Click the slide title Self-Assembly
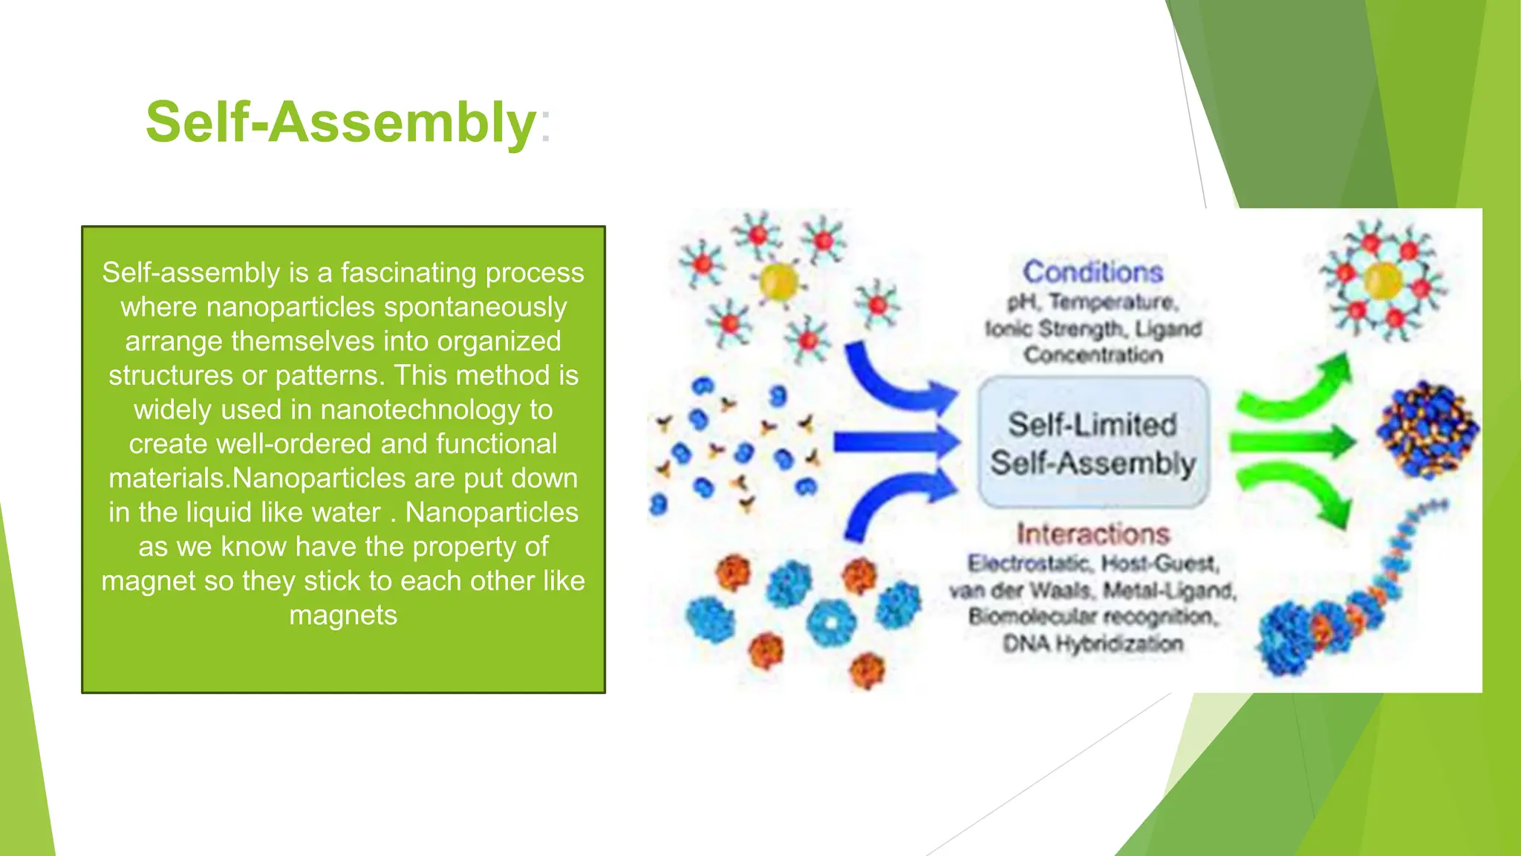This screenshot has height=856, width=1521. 340,123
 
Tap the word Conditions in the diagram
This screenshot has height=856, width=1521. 1092,272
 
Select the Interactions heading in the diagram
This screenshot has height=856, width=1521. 1092,534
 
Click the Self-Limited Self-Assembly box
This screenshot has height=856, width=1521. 1092,443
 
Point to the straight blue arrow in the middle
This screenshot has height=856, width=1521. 895,443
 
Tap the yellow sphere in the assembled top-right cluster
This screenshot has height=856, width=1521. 1383,281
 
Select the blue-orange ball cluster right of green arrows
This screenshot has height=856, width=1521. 1426,429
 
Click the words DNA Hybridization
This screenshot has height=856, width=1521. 1092,643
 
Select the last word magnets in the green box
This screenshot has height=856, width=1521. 343,615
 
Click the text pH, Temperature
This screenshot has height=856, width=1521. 1092,302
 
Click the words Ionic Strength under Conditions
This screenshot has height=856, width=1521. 1055,328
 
